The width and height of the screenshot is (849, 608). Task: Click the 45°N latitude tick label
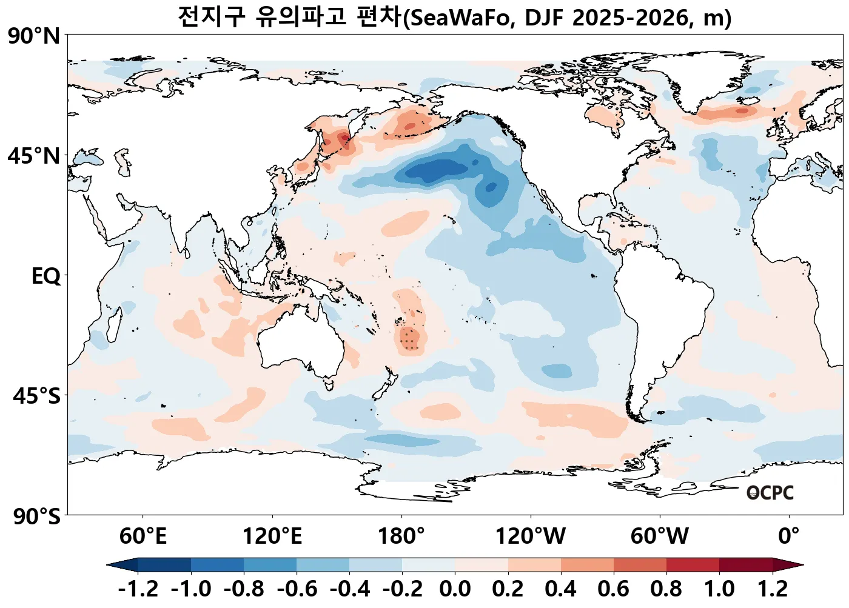(34, 156)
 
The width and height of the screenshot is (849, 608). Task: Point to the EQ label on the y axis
(46, 276)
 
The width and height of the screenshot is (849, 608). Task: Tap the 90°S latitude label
(37, 517)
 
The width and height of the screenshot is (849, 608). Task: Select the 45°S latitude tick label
(37, 396)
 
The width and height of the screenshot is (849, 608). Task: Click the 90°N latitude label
(35, 36)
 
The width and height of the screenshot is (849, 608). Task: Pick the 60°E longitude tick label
(143, 536)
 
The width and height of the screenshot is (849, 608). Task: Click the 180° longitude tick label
(401, 536)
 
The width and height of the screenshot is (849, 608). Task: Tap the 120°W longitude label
(531, 536)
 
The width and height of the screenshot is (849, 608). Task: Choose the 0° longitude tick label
(788, 536)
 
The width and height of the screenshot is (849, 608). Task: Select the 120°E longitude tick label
(272, 536)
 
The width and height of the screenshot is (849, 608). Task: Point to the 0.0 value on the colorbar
(455, 589)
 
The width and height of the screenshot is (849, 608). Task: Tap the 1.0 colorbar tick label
(719, 589)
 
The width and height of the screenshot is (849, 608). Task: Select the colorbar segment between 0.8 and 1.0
(693, 565)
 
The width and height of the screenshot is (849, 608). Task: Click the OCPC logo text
(770, 493)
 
